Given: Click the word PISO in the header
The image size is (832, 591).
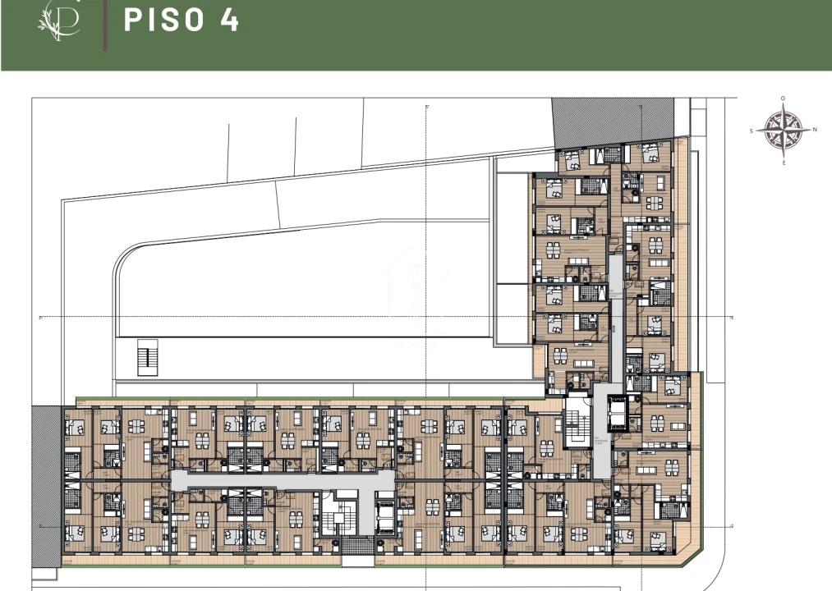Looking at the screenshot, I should (163, 21).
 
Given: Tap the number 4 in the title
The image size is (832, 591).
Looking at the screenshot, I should (229, 21).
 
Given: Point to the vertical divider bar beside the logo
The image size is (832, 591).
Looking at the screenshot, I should (104, 25).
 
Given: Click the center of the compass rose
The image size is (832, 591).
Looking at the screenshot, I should (782, 130).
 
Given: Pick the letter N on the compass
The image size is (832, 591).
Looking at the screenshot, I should (815, 130).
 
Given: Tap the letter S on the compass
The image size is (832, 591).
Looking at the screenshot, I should (752, 131).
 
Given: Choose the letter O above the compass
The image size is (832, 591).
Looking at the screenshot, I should (783, 98).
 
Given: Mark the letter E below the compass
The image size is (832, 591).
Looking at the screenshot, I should (784, 163).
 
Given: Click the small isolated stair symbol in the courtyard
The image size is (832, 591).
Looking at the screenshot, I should (146, 356).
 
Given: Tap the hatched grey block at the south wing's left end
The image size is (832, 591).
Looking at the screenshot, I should (46, 485).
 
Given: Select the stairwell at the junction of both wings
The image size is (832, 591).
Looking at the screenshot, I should (577, 424).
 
